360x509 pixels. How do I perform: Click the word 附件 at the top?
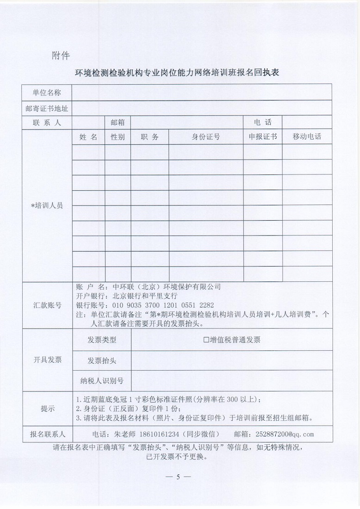61,56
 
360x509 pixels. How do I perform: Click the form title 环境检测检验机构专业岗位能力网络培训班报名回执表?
180,74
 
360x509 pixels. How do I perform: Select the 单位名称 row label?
47,93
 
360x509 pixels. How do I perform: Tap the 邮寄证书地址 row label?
47,108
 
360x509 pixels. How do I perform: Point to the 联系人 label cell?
47,123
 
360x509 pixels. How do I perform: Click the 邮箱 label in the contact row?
118,123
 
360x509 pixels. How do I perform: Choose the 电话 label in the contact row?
262,123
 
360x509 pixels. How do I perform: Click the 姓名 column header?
88,137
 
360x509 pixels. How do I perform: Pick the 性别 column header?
118,137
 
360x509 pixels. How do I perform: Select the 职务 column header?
149,137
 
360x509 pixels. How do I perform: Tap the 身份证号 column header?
206,137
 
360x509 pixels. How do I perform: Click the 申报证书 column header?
263,137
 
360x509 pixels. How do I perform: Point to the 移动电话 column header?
307,137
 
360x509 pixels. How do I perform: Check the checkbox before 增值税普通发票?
206,340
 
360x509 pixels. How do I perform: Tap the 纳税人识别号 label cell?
102,381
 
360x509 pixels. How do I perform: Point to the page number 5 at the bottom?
178,477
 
